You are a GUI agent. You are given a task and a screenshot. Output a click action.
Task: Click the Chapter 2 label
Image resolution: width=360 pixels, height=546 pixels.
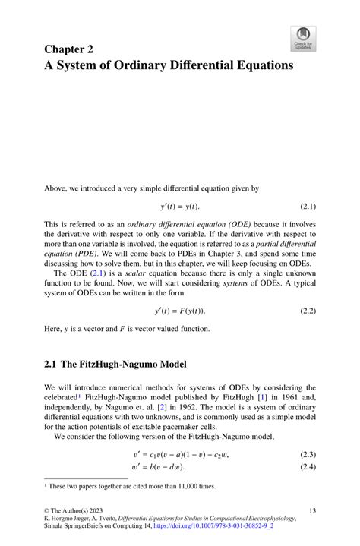[x=69, y=49]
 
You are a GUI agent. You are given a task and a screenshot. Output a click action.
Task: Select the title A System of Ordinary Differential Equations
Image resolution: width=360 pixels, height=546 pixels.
[x=169, y=65]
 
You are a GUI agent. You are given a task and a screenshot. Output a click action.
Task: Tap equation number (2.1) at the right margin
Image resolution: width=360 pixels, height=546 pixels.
[x=305, y=207]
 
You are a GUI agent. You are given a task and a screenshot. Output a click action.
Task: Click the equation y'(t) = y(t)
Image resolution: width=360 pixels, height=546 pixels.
[x=180, y=207]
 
